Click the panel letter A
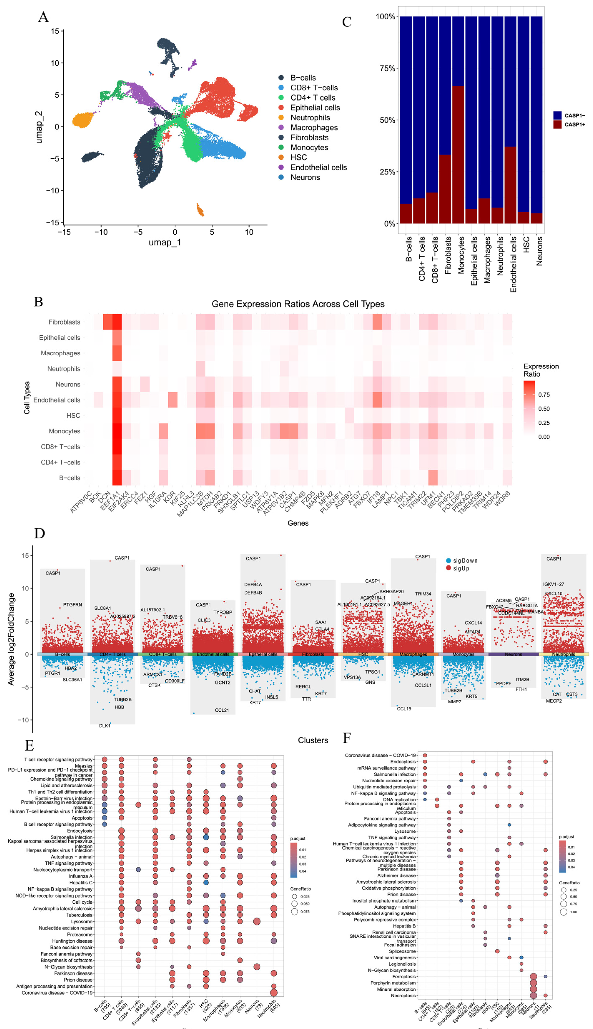point(43,17)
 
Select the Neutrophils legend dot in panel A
point(281,118)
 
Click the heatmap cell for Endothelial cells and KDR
point(173,400)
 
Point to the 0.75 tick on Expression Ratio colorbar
point(544,395)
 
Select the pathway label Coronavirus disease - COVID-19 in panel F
point(380,755)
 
